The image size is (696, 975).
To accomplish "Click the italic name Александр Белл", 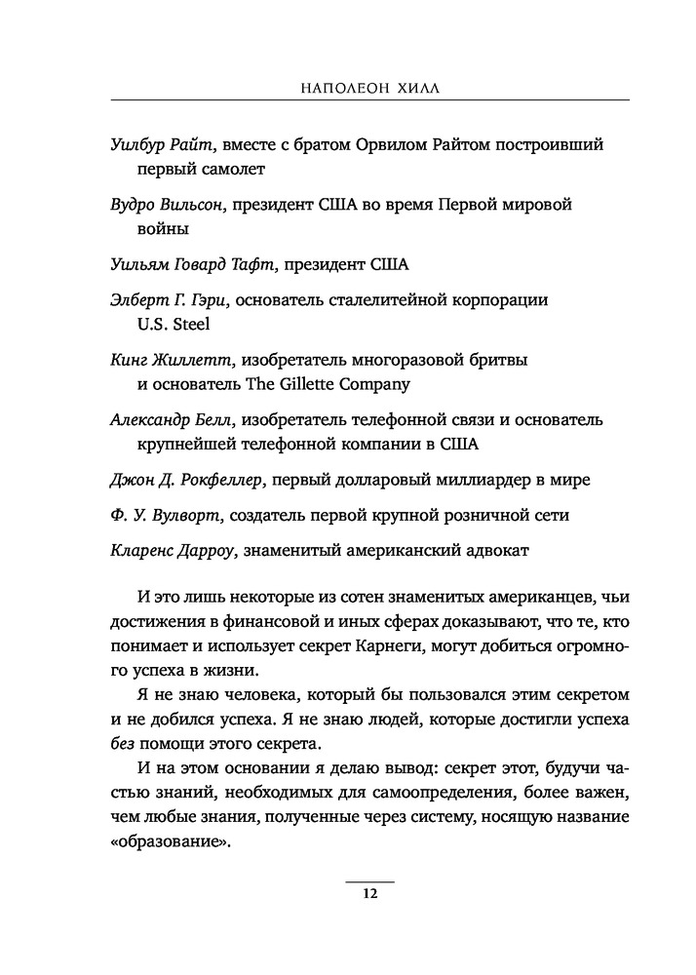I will click(174, 419).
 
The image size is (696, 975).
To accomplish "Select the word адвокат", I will click(495, 551).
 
